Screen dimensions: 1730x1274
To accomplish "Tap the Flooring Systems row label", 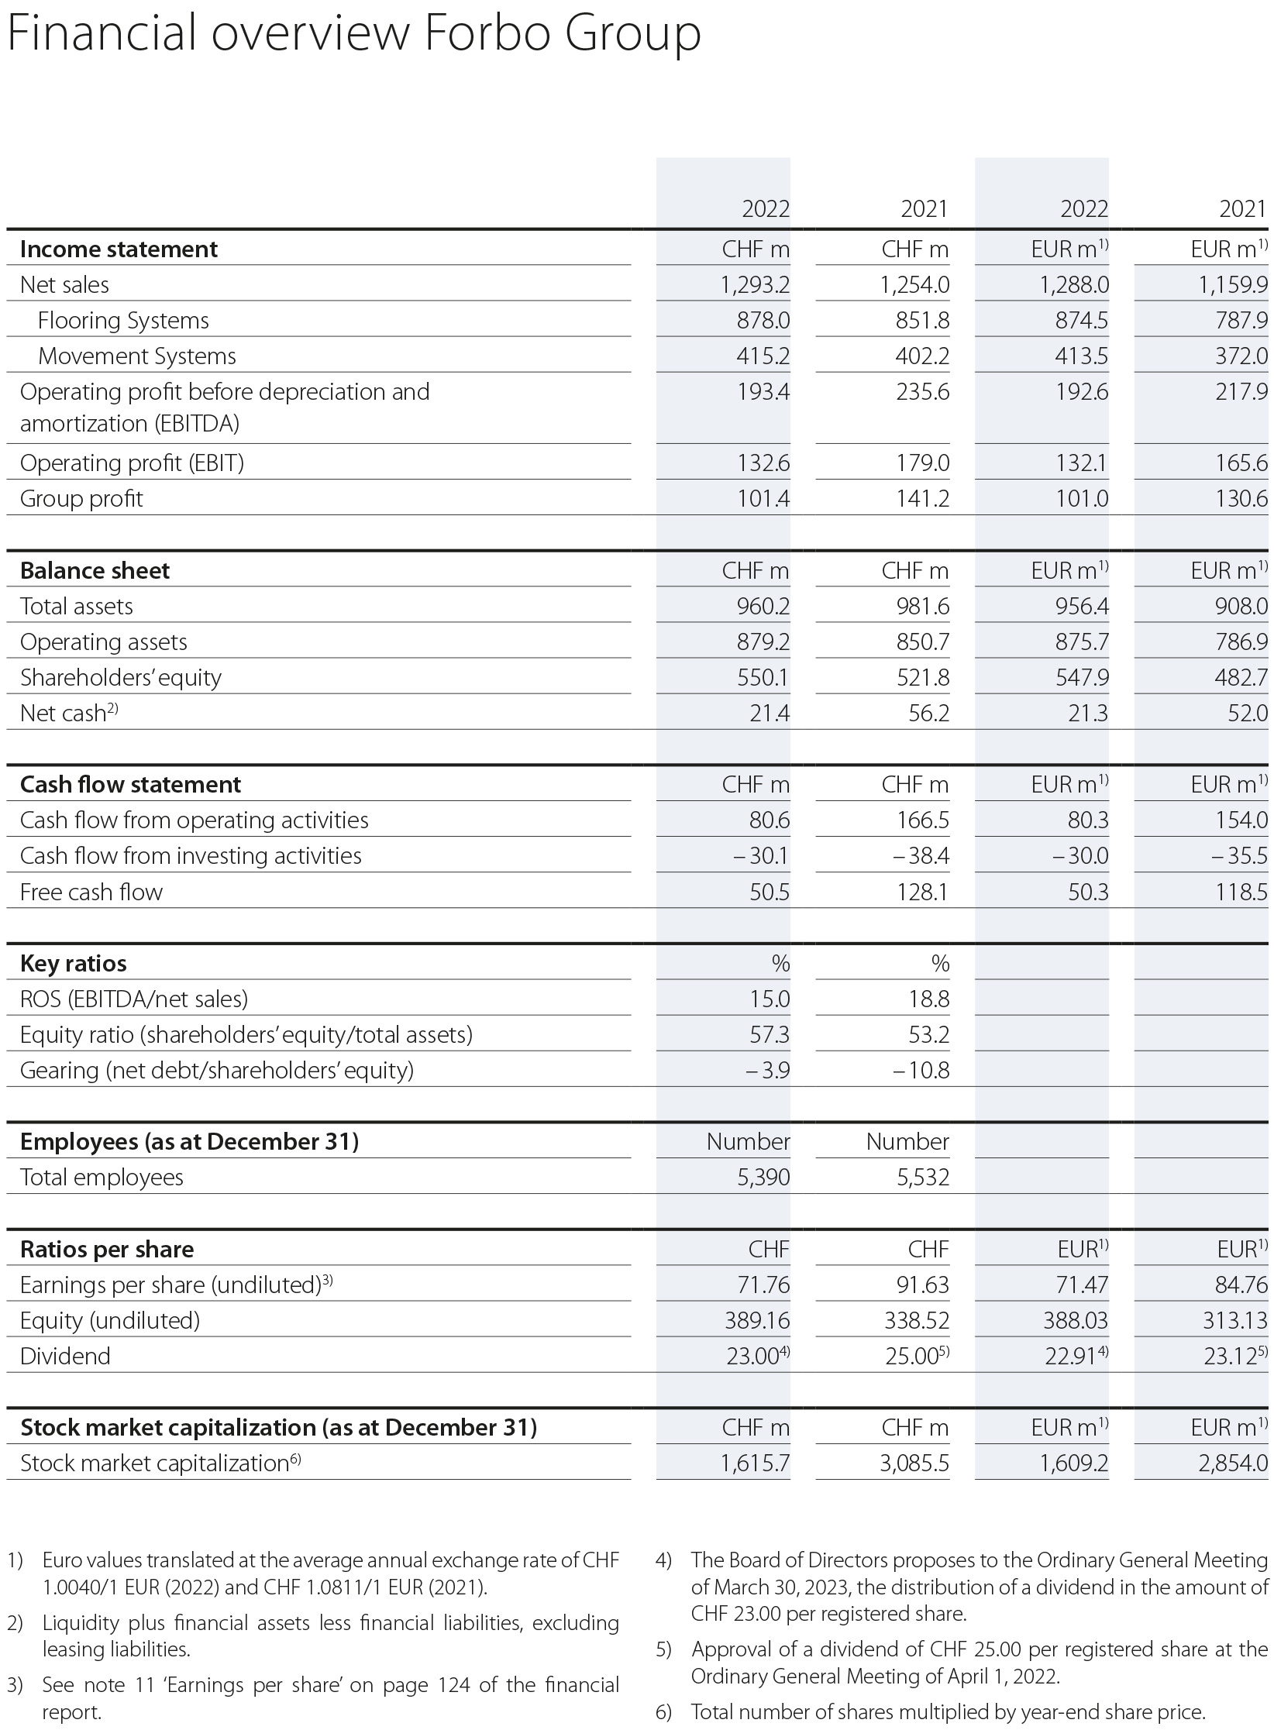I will pyautogui.click(x=123, y=321).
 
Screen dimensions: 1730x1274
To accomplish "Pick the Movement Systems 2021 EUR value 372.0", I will pyautogui.click(x=1241, y=356).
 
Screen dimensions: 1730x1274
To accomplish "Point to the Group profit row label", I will pyautogui.click(x=81, y=499).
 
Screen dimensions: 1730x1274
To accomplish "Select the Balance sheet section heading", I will pyautogui.click(x=95, y=571).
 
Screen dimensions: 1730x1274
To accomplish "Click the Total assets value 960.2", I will pyautogui.click(x=763, y=607).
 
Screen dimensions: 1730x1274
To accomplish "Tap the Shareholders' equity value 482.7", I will pyautogui.click(x=1241, y=678).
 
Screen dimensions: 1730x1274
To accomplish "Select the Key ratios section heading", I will pyautogui.click(x=73, y=964).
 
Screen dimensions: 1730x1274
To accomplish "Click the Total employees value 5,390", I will pyautogui.click(x=763, y=1178).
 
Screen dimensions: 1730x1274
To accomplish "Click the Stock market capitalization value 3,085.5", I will pyautogui.click(x=914, y=1463).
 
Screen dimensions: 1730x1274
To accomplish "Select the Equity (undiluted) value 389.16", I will pyautogui.click(x=757, y=1321).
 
